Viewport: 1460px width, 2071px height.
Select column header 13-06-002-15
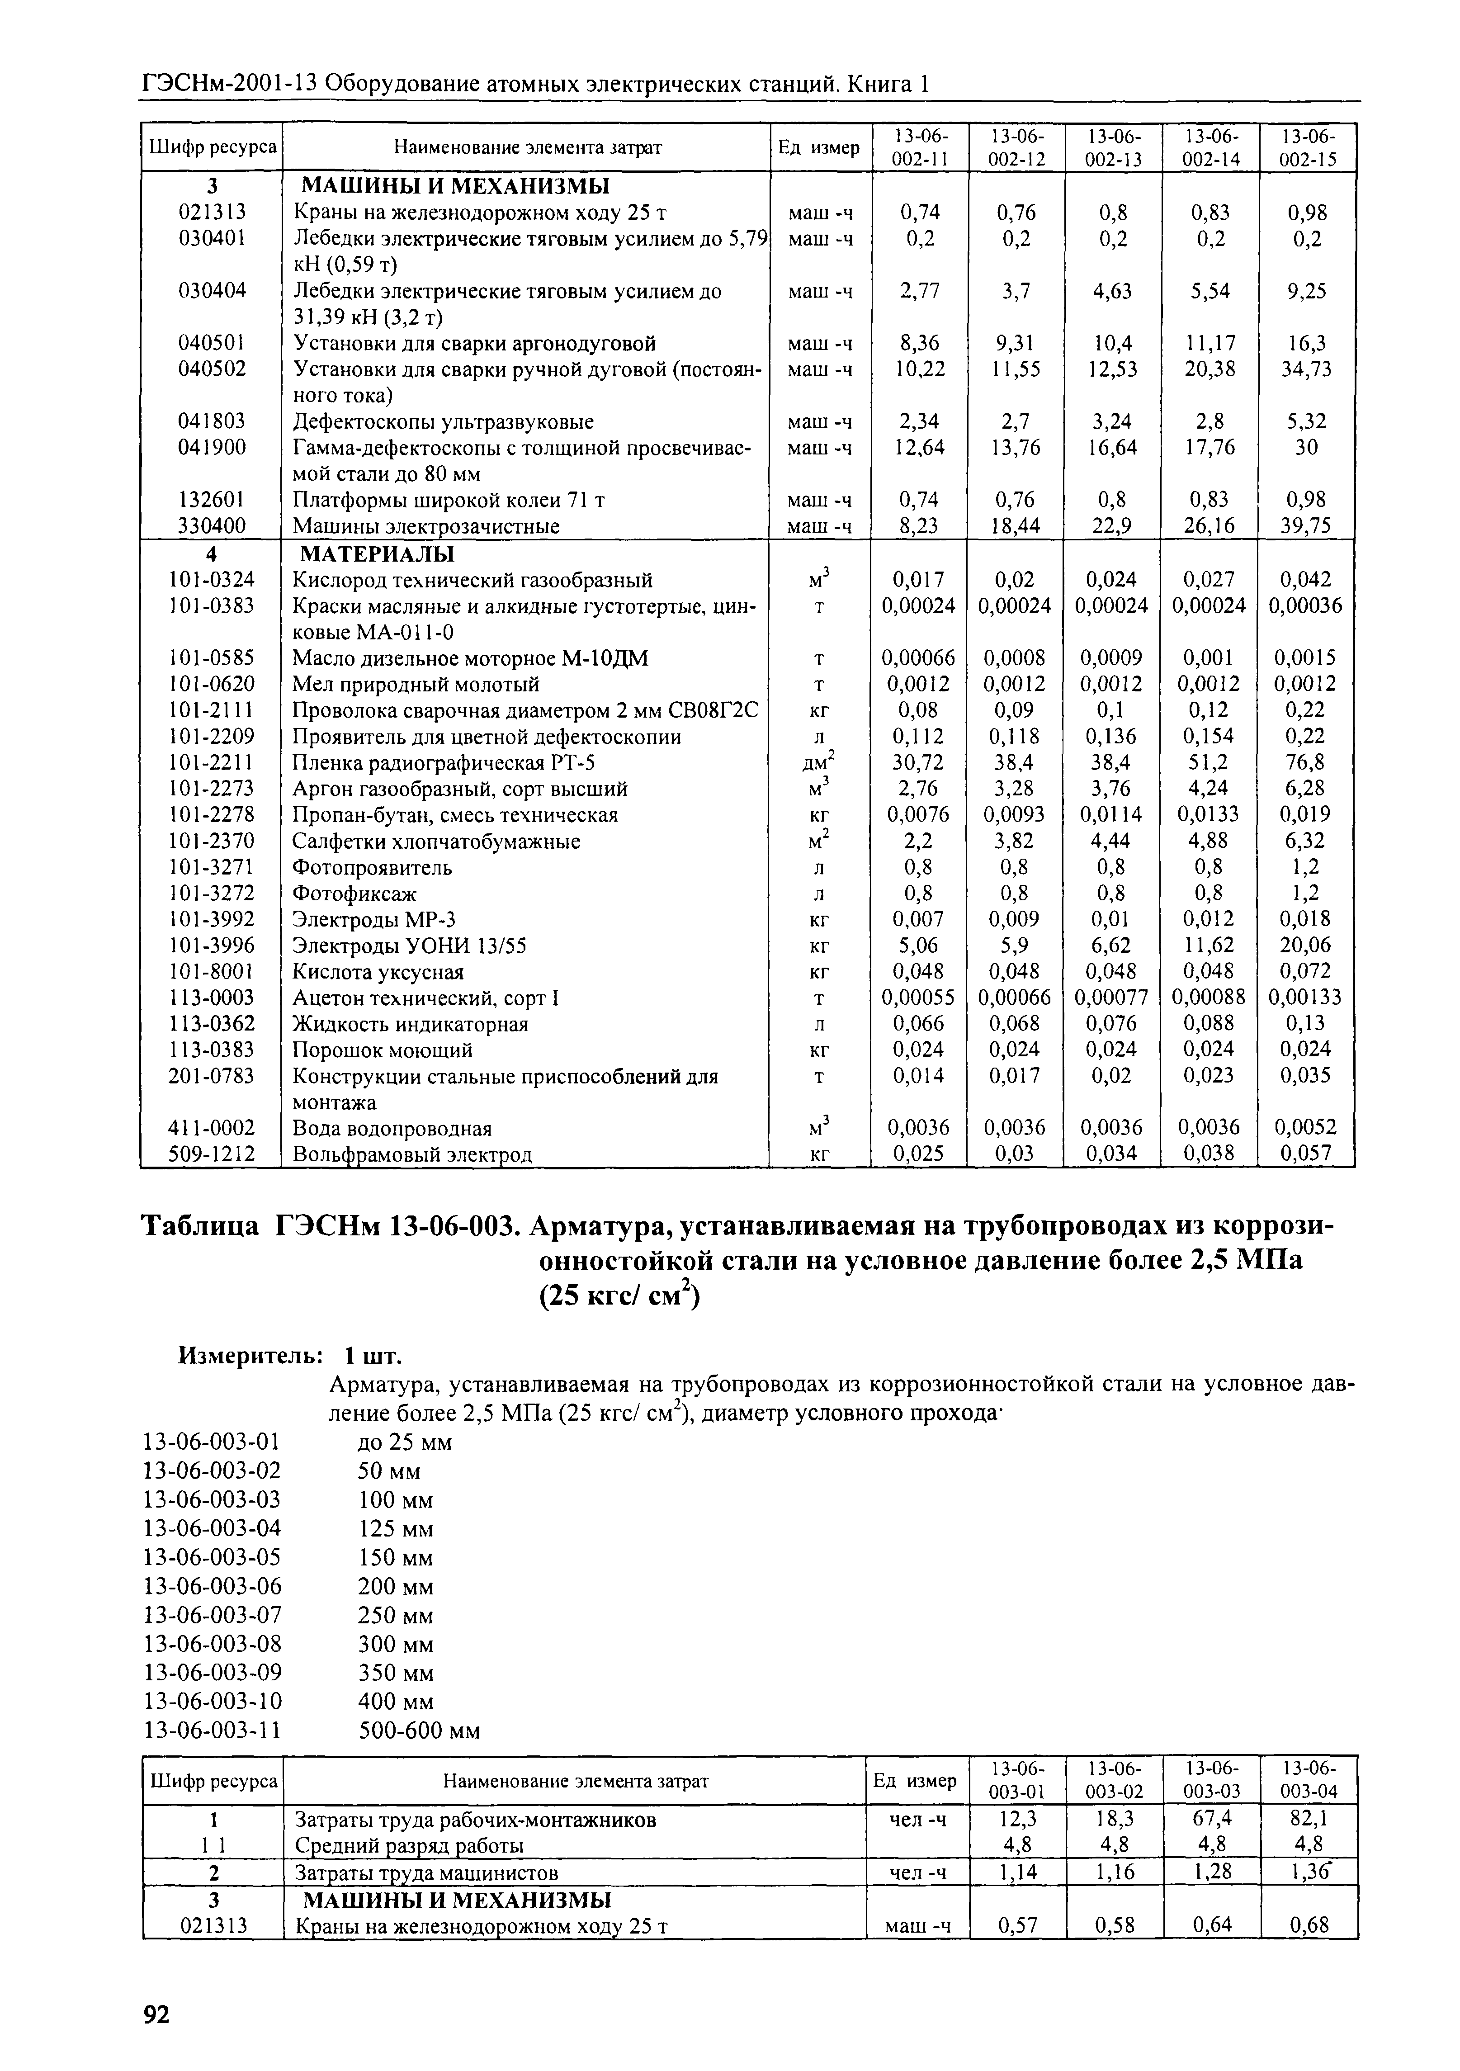click(1306, 147)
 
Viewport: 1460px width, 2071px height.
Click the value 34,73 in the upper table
click(1306, 369)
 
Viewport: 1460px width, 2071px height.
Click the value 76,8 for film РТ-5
click(1306, 763)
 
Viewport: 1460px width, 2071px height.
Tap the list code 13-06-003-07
click(213, 1615)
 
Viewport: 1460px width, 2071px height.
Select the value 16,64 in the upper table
click(1113, 447)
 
